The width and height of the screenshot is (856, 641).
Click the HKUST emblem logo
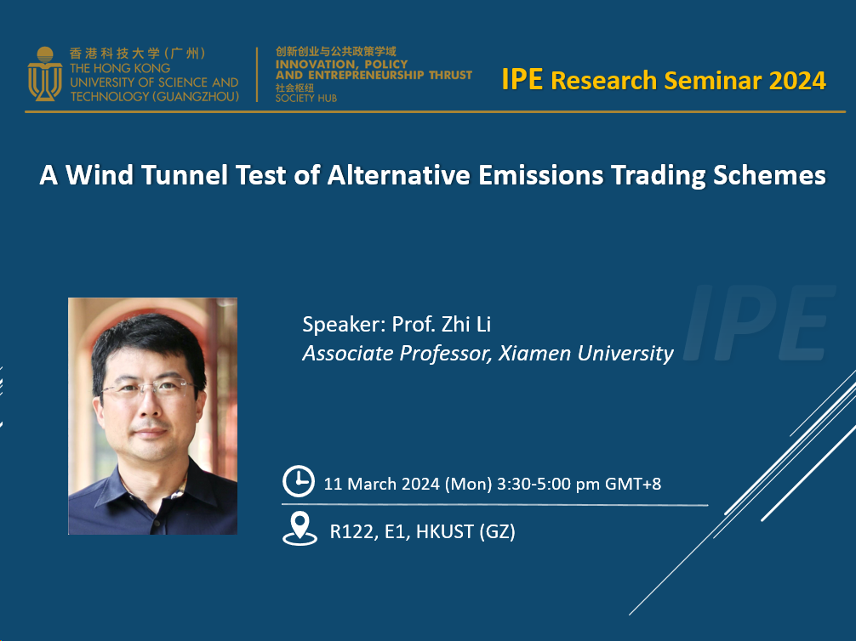click(x=45, y=74)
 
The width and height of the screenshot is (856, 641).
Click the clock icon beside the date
click(x=299, y=481)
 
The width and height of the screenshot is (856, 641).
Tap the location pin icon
click(x=300, y=529)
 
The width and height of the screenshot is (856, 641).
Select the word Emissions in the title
click(x=540, y=175)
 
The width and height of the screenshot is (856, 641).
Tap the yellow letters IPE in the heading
click(x=522, y=79)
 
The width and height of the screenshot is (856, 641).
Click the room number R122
click(x=351, y=531)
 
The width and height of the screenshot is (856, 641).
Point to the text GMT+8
click(x=633, y=484)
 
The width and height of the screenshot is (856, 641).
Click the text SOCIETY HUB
click(x=306, y=99)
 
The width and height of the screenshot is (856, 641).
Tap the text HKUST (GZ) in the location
click(x=465, y=531)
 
